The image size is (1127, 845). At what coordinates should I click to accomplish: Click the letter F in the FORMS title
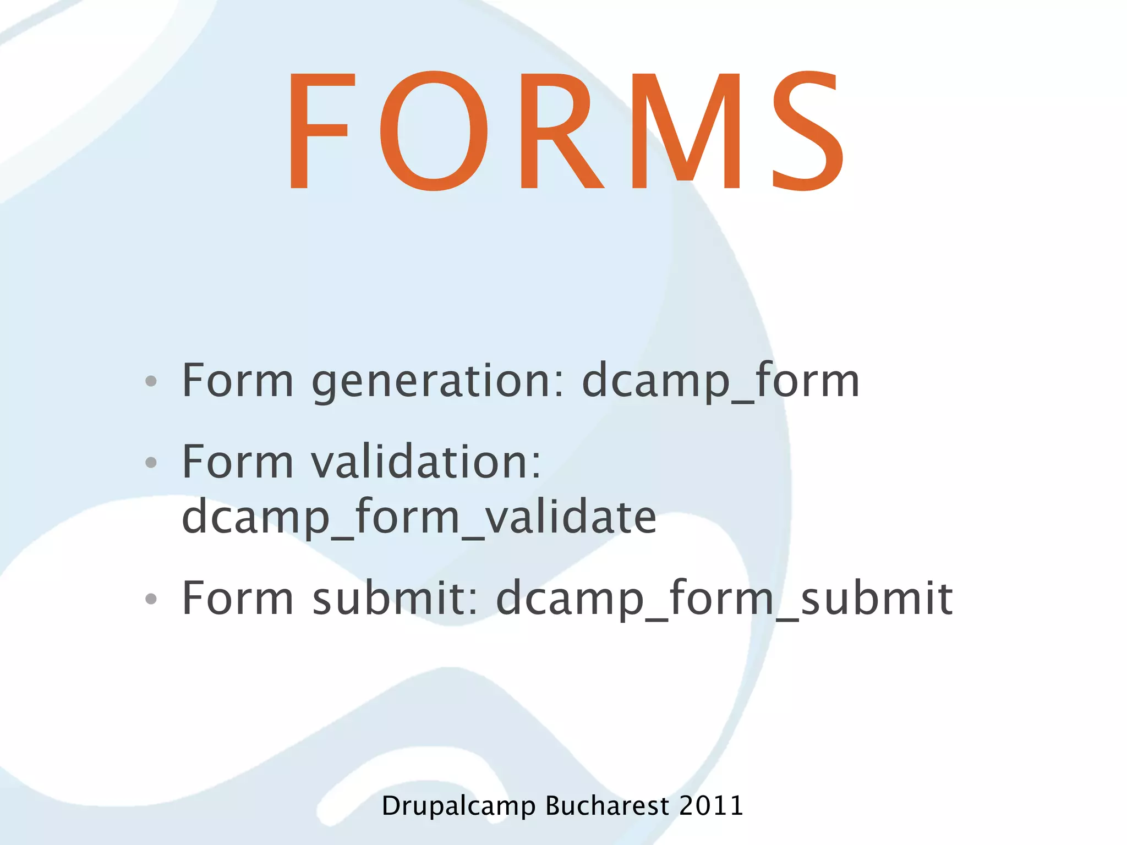point(318,131)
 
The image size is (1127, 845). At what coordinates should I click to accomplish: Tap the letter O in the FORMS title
point(434,131)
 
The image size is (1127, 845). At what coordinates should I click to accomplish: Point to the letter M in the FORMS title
point(687,131)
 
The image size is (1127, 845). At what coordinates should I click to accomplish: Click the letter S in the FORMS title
point(807,131)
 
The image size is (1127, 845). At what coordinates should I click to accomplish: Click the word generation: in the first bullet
point(438,382)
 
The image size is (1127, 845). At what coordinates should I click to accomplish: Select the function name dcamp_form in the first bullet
point(720,382)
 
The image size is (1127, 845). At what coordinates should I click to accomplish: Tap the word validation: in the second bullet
point(426,462)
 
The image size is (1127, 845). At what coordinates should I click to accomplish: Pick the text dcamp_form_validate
point(419,517)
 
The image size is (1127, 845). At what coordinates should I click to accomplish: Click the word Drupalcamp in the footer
point(458,806)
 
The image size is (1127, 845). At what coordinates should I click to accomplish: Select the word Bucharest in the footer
point(607,806)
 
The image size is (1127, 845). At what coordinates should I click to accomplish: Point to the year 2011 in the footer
point(711,806)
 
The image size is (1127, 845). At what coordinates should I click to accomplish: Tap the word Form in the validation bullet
point(238,462)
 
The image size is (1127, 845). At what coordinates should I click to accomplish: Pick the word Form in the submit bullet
point(238,599)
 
